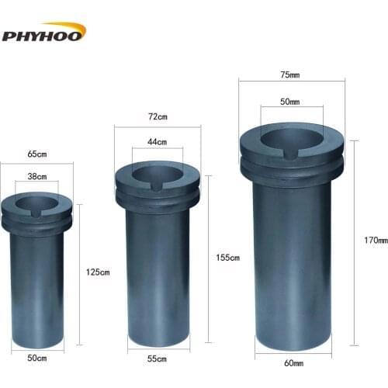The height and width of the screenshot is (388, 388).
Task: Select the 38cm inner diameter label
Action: pyautogui.click(x=37, y=175)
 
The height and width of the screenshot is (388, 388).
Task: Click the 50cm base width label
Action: pyautogui.click(x=38, y=359)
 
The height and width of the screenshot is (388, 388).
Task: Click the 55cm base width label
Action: pyautogui.click(x=157, y=359)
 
